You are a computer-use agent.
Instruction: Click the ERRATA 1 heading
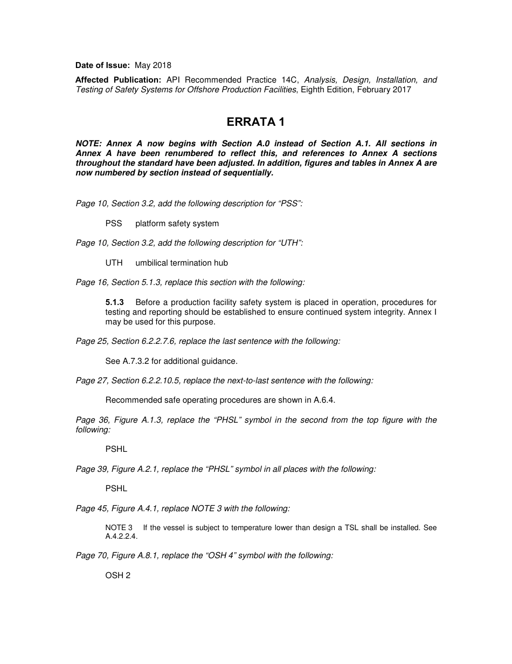[255, 123]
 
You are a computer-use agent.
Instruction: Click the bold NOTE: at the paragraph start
[88, 144]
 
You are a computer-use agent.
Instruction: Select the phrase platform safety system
[177, 223]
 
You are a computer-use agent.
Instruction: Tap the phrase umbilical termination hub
[182, 263]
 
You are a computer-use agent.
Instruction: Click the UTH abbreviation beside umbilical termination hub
[114, 263]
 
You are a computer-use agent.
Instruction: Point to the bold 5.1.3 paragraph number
[115, 302]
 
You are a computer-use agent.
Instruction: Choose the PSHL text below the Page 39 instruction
[116, 489]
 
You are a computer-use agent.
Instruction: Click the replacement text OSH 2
[118, 575]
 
